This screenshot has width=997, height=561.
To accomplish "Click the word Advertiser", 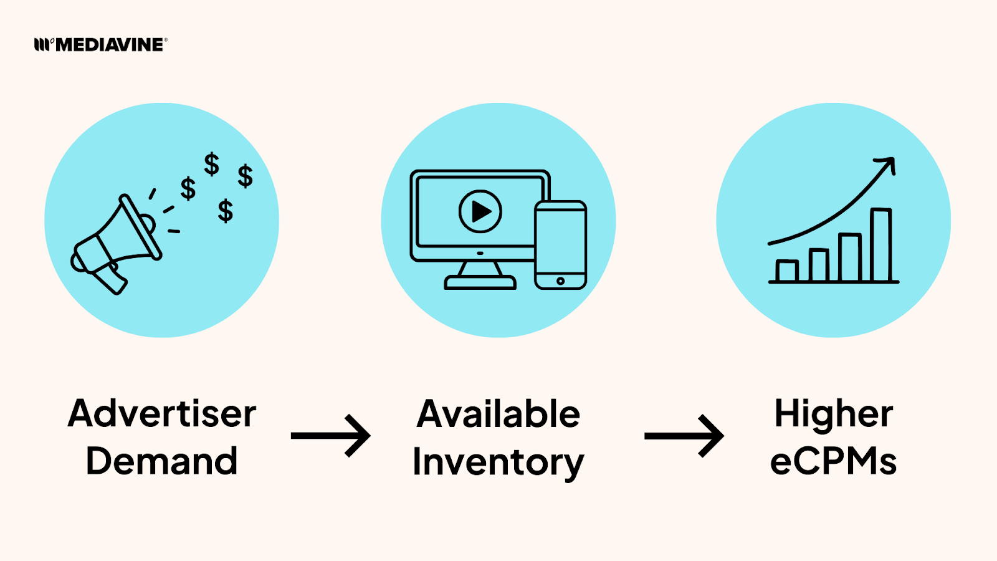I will (x=162, y=413).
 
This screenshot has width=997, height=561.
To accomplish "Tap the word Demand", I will (x=162, y=461).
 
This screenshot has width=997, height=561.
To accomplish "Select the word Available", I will (x=499, y=414).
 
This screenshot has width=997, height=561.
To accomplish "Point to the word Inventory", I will (x=499, y=463).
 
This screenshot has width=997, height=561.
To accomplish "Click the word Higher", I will (x=834, y=414).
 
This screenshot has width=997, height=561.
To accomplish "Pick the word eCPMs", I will (x=834, y=462).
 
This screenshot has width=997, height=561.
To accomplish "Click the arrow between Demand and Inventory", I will (x=331, y=435).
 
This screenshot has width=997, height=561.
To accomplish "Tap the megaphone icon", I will (x=118, y=243).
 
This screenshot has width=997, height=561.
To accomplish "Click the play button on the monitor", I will (x=480, y=211).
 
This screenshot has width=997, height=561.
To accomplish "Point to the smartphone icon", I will (x=560, y=244).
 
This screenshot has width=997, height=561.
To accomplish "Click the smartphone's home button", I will (x=560, y=281).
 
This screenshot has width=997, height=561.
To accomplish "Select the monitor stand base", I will (x=480, y=282).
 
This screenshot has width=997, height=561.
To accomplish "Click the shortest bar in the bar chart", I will (x=786, y=271).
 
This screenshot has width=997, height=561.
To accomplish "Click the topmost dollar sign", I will (x=212, y=164).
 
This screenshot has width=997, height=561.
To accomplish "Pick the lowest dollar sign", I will (x=226, y=211).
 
